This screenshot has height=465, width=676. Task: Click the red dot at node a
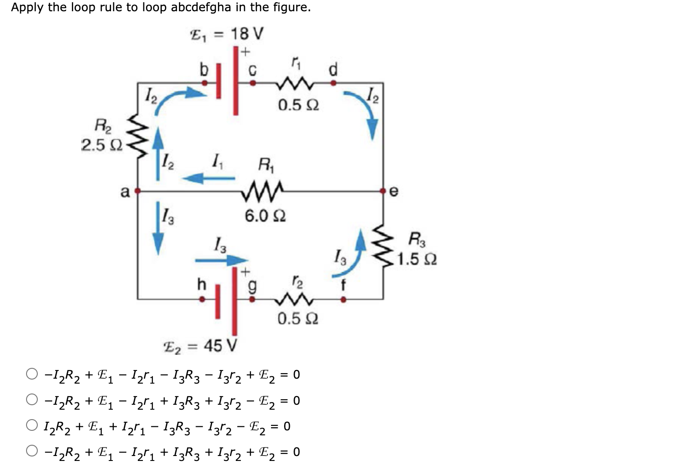pyautogui.click(x=138, y=191)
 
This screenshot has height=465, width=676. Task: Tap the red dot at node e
pyautogui.click(x=383, y=191)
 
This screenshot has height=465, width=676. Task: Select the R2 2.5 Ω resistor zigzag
pyautogui.click(x=138, y=135)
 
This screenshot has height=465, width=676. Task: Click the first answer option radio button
pyautogui.click(x=32, y=374)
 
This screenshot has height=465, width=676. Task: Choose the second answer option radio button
pyautogui.click(x=32, y=400)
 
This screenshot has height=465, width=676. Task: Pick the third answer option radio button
pyautogui.click(x=32, y=425)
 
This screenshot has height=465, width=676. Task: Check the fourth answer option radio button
pyautogui.click(x=32, y=451)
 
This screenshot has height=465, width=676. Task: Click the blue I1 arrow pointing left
pyautogui.click(x=209, y=179)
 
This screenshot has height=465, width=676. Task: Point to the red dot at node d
pyautogui.click(x=333, y=83)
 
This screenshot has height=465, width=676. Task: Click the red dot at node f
pyautogui.click(x=343, y=299)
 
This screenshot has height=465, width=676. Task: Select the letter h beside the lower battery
pyautogui.click(x=202, y=284)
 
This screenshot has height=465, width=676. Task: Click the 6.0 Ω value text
pyautogui.click(x=265, y=216)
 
